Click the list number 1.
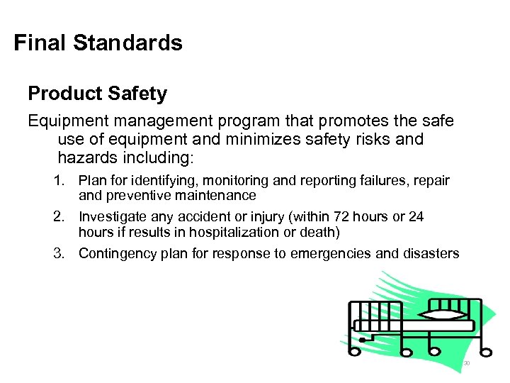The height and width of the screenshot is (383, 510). pos(59,181)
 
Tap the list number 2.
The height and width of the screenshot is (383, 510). pos(59,217)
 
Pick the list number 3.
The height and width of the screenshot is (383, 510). pos(59,253)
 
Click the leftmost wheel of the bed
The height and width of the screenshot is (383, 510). pos(363,340)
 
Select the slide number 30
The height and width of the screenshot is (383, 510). pos(467,364)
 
